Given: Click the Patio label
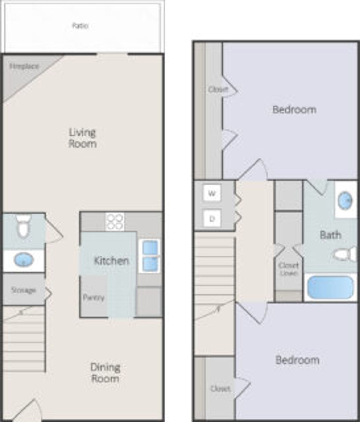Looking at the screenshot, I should pos(80,26).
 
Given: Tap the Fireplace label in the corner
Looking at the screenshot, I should pos(24,66).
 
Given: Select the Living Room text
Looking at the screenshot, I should pos(82,138).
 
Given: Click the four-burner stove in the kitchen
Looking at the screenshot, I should pos(115,221).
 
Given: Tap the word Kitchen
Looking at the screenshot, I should pos(111,261).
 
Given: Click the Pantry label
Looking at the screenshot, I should pos(93,298).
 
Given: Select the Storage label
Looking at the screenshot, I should pos(23,290).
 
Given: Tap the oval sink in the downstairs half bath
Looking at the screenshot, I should pos(24,260).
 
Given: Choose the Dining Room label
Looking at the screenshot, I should pos(105,373).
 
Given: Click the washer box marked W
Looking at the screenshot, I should pos(212,193).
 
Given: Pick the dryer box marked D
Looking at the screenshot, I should pos(212,218).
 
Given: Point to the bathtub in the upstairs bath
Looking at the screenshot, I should pos(330,287).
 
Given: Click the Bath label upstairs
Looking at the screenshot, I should pos(330,235).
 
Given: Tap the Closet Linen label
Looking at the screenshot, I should pos(288,269).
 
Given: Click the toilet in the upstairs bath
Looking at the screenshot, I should pos(345,254).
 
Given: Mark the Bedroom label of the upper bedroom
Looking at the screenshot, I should pos(294,109).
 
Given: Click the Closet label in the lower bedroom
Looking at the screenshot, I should pos(220,389).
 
